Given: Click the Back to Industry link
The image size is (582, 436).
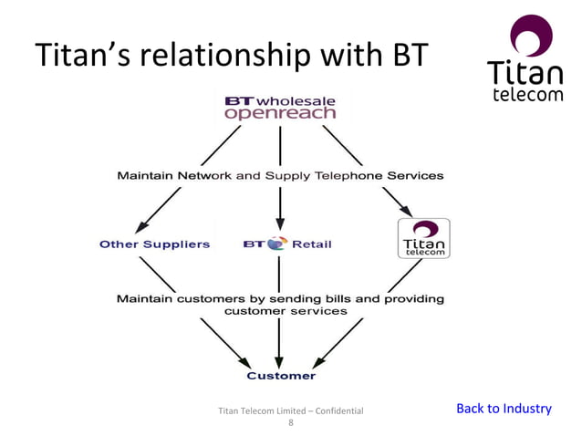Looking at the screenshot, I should click(504, 408).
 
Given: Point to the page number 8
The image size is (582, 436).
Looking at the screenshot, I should click(291, 423).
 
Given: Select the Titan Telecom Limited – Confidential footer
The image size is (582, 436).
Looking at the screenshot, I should click(291, 411).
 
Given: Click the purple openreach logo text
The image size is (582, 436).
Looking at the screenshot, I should click(280, 114).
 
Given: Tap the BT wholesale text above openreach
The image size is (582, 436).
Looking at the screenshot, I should click(280, 99).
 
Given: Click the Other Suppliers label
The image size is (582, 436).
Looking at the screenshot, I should click(154, 244).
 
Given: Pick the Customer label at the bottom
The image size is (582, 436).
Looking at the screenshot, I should click(281, 375).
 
